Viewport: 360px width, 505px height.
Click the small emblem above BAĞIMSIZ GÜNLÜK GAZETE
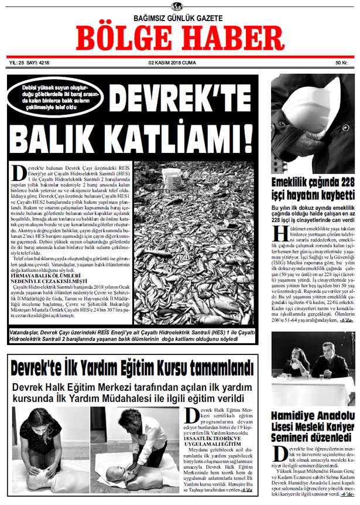click(176, 6)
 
